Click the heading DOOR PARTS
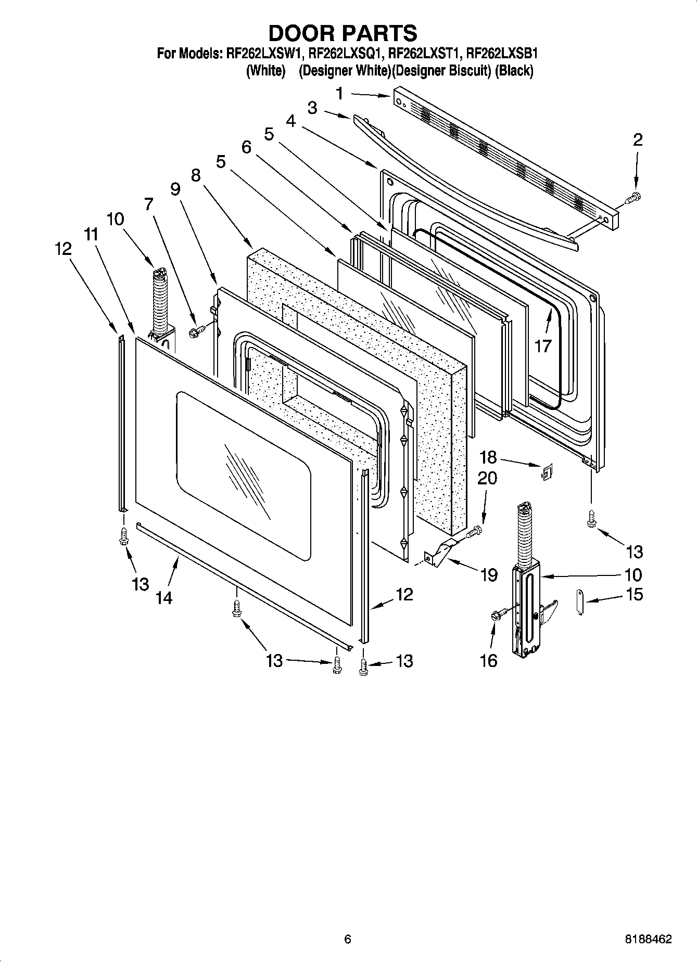click(343, 33)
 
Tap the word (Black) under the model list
click(514, 71)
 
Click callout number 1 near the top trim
click(339, 94)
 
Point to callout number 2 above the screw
click(638, 139)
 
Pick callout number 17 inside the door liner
click(542, 345)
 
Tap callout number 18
click(488, 457)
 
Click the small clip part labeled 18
click(547, 472)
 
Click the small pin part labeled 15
click(580, 601)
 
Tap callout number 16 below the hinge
click(489, 660)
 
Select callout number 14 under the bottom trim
click(163, 598)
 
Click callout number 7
click(149, 204)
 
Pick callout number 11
click(91, 235)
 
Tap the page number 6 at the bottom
click(348, 940)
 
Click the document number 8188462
click(648, 940)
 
